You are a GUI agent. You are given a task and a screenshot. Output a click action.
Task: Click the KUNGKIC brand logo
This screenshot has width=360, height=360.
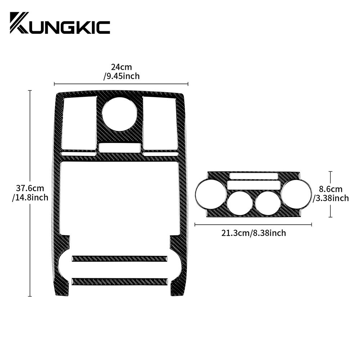60,23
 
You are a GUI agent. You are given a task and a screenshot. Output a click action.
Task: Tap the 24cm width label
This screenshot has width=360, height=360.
121,67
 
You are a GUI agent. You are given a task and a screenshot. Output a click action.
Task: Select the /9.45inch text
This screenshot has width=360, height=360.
121,76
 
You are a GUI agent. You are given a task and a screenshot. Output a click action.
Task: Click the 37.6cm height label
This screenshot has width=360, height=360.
30,188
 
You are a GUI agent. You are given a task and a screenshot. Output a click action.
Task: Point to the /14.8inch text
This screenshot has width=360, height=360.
30,197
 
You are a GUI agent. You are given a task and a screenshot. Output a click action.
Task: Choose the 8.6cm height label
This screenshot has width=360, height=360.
330,189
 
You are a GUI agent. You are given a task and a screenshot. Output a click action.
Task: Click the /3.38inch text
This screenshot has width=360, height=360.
331,198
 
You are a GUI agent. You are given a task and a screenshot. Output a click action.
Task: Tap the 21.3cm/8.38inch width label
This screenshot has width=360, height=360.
254,233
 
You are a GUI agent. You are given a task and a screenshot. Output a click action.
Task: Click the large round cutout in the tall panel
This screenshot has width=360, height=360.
120,114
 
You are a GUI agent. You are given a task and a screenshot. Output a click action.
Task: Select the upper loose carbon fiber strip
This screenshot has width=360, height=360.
120,258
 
